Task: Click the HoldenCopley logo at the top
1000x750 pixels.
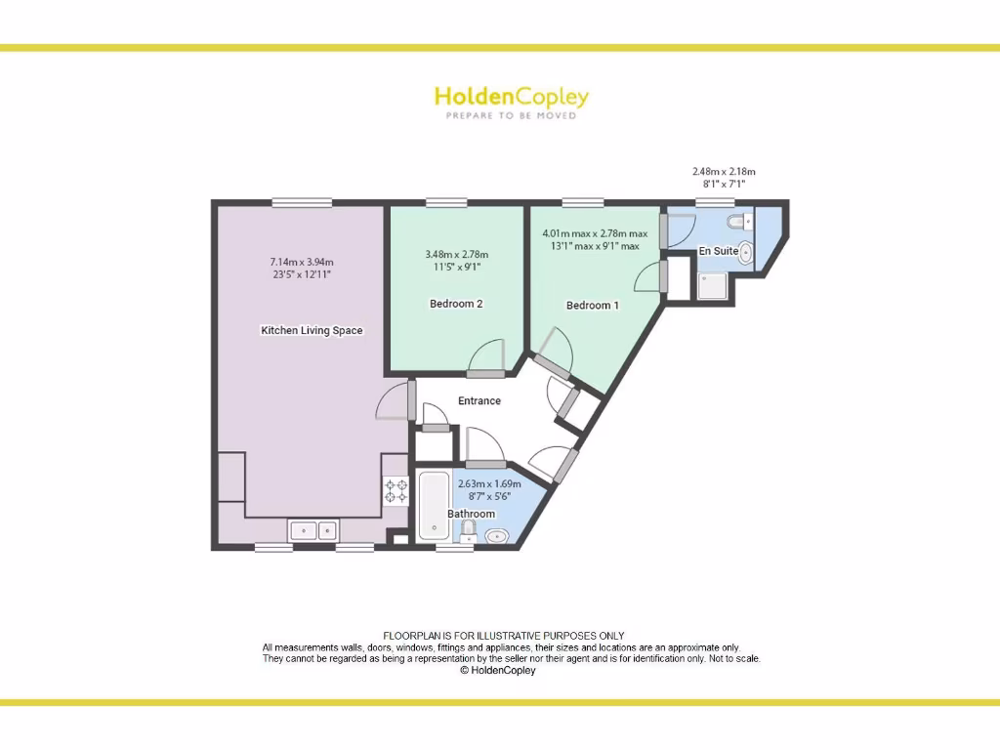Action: pos(511,97)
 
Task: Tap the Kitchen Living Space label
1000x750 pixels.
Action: pos(312,330)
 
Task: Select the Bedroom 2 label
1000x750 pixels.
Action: pos(456,304)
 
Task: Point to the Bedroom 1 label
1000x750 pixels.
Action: pos(593,306)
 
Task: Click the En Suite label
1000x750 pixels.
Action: pos(718,251)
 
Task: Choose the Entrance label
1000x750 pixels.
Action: pos(479,400)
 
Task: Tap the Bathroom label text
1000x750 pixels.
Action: pos(471,514)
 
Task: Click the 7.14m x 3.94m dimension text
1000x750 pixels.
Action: pos(302,262)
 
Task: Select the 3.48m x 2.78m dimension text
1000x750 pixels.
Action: pos(456,255)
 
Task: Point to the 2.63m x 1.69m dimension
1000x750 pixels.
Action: pos(489,483)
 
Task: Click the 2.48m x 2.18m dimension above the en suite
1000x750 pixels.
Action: pos(724,172)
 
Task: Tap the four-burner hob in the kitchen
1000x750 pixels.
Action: pos(396,490)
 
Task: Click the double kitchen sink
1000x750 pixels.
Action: pos(313,530)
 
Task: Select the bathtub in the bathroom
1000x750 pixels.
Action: pos(433,507)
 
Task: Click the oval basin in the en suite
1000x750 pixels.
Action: pos(747,253)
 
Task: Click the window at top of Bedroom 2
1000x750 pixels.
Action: pos(446,202)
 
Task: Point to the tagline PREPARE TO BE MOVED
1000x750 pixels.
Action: pos(511,115)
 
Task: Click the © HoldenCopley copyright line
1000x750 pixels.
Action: pos(497,671)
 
